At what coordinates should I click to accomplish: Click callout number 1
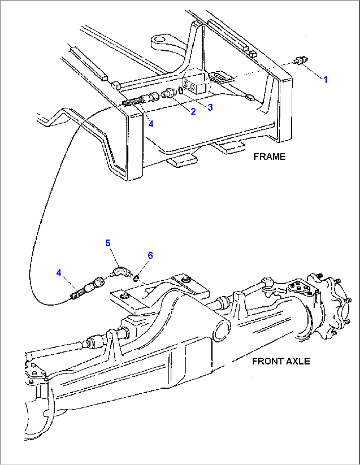[x=325, y=80]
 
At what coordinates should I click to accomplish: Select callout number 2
[x=193, y=112]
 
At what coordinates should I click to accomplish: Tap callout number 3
[x=210, y=107]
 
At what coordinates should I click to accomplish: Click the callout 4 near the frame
[x=151, y=124]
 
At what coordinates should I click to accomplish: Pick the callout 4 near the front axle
[x=59, y=273]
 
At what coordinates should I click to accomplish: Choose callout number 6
[x=150, y=255]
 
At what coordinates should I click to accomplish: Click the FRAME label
[x=269, y=157]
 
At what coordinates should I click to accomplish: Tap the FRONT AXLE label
[x=281, y=361]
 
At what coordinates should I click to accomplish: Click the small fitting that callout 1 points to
[x=301, y=61]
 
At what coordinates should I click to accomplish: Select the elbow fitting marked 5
[x=118, y=273]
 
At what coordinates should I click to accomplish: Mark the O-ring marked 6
[x=136, y=279]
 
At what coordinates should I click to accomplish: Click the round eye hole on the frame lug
[x=160, y=40]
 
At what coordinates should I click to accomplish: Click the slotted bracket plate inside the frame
[x=221, y=77]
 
